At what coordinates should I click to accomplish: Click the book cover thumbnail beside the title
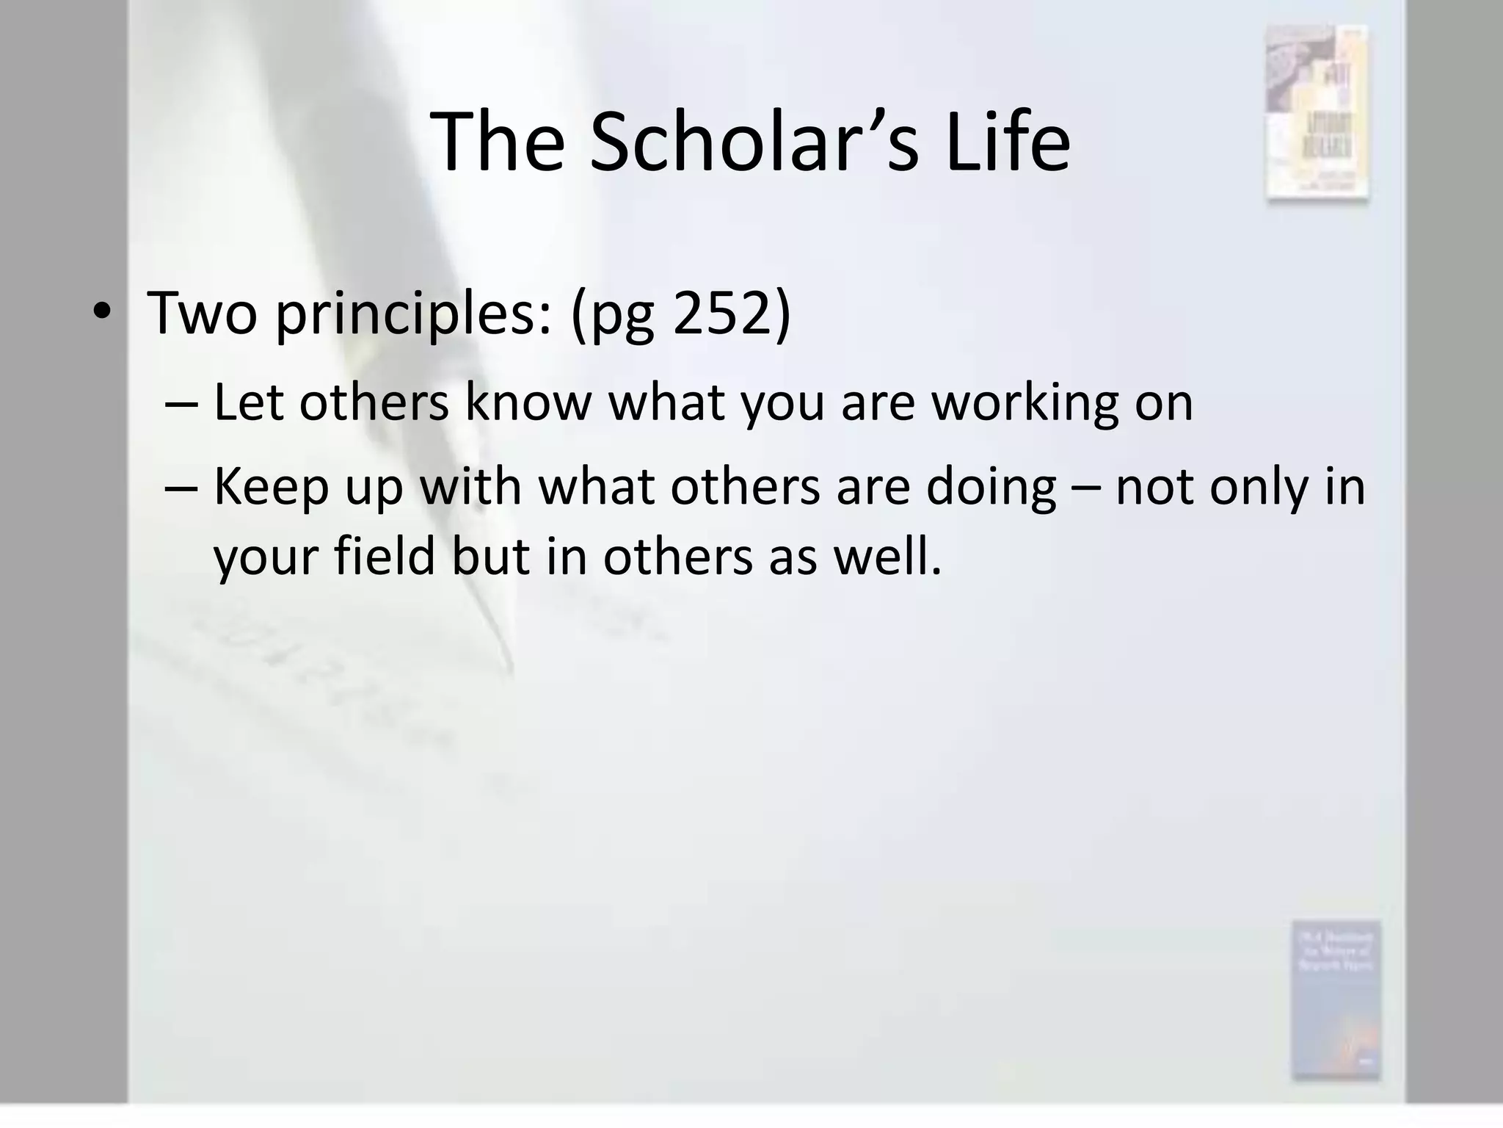click(x=1317, y=112)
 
